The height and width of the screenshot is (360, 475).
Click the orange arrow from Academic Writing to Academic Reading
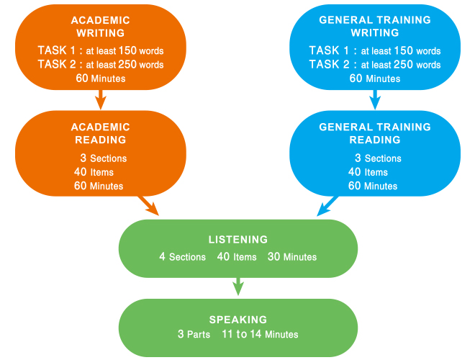(x=101, y=99)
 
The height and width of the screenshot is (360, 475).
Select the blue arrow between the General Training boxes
(x=375, y=99)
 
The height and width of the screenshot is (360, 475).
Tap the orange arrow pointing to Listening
(x=148, y=206)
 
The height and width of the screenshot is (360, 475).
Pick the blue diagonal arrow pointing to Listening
(x=327, y=206)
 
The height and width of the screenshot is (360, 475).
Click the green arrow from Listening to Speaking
(x=238, y=287)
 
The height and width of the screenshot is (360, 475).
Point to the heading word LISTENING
(x=238, y=240)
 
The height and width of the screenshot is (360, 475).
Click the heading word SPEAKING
(x=238, y=320)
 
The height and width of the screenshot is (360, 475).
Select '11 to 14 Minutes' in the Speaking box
(x=260, y=334)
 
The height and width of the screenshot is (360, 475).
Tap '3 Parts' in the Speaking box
(x=194, y=334)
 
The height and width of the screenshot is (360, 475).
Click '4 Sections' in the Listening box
(x=182, y=256)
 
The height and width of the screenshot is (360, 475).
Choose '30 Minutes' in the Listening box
(x=292, y=256)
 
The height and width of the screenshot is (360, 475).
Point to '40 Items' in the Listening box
(x=237, y=256)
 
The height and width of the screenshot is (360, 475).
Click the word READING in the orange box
(x=101, y=140)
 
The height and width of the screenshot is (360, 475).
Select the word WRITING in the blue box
(x=375, y=32)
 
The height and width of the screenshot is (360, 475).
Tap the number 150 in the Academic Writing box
(x=127, y=50)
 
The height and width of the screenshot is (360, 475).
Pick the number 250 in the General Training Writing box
(x=402, y=64)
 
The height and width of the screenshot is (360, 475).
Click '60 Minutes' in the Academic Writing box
(x=101, y=78)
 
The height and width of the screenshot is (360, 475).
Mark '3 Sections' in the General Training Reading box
(x=378, y=158)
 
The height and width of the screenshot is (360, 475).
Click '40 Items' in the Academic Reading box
(x=94, y=172)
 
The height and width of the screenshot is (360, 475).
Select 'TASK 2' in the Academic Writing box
(x=57, y=64)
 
